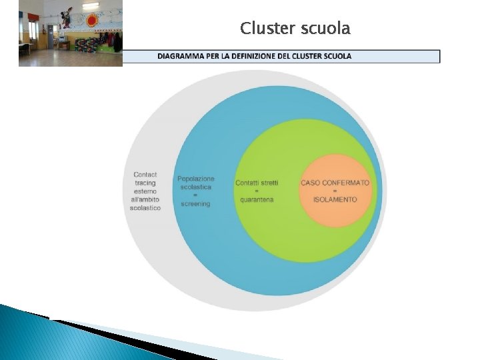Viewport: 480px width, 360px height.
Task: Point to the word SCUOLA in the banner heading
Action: [335, 56]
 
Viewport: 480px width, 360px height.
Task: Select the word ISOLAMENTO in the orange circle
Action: [335, 199]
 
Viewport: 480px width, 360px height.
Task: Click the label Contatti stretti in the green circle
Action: [257, 183]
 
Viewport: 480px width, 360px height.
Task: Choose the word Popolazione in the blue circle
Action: [196, 179]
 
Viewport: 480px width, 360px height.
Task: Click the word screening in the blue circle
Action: [195, 203]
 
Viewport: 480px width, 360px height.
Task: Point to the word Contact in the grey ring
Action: [145, 175]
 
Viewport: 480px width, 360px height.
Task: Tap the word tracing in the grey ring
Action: [145, 183]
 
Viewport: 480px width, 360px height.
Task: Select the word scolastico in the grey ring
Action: [145, 208]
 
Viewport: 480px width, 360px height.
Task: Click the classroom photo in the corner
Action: [71, 33]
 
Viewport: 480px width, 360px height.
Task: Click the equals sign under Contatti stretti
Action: [257, 191]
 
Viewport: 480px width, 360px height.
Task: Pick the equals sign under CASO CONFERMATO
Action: [335, 191]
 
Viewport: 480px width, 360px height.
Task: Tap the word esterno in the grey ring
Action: [145, 191]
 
